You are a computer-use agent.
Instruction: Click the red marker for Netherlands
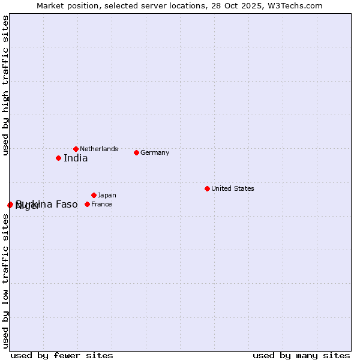[76, 149]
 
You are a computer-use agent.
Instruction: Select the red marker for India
[58, 158]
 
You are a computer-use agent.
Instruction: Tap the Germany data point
[136, 152]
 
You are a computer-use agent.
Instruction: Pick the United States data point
[207, 188]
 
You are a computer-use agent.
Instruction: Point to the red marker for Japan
[94, 195]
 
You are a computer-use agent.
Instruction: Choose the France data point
[87, 204]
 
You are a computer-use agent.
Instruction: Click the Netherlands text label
[99, 149]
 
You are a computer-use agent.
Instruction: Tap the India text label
[76, 158]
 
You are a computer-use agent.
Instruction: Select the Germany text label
[155, 152]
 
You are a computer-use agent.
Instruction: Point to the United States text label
[233, 188]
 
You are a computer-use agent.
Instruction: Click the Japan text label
[107, 195]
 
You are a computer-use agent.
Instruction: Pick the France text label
[101, 204]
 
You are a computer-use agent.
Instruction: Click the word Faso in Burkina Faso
[67, 205]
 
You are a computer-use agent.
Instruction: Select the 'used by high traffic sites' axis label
[5, 86]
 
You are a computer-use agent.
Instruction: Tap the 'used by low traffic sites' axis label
[5, 281]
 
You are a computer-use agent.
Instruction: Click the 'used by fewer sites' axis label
[62, 355]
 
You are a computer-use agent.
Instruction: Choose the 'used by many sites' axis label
[301, 355]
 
